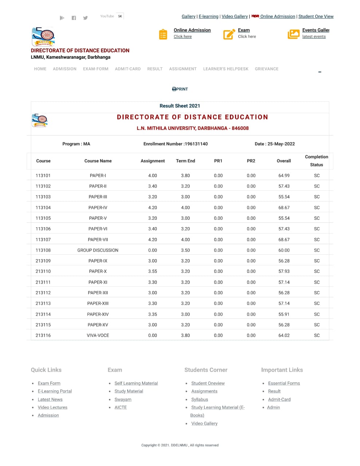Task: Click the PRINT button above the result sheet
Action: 180,89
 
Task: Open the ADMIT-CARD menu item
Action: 128,69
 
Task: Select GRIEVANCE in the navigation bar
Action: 266,69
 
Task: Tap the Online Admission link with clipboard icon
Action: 192,30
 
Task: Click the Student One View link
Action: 316,16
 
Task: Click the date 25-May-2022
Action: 281,144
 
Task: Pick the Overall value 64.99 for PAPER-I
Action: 284,175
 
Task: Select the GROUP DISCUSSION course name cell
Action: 98,250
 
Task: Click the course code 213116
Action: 43,335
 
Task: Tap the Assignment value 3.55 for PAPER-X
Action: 152,271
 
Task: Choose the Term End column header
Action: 185,161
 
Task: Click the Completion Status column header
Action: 316,161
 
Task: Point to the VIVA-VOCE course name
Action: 98,335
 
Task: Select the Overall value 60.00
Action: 284,250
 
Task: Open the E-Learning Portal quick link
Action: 55,391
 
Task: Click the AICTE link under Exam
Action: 121,407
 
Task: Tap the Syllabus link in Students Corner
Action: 199,399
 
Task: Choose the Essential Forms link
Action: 284,383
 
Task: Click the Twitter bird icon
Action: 85,18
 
